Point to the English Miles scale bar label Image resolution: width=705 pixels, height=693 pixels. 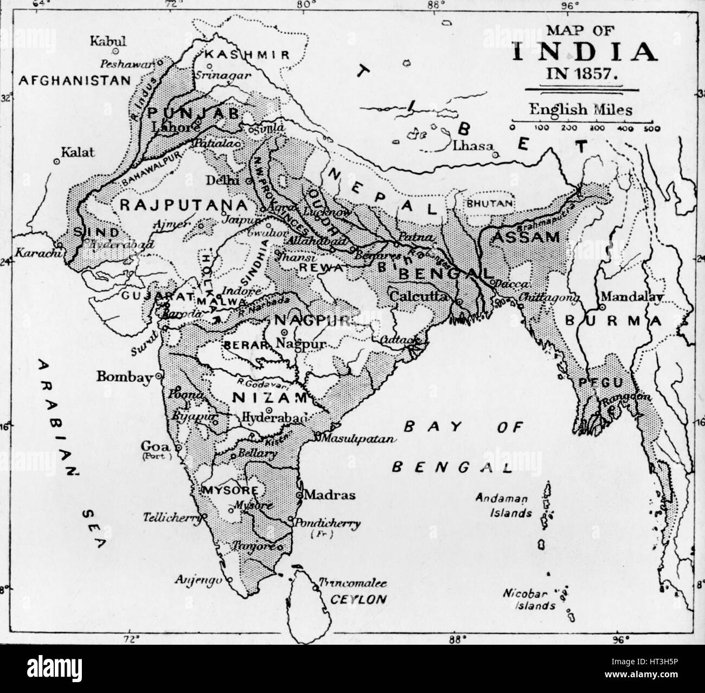click(581, 109)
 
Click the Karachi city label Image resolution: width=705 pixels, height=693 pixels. click(34, 253)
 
